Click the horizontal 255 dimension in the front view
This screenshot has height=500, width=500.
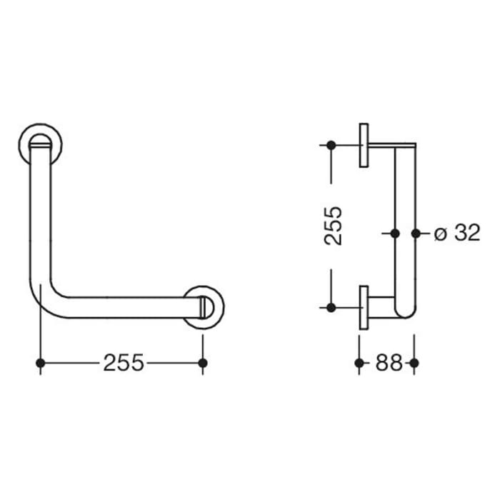point(123,363)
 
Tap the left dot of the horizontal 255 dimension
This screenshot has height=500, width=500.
point(41,363)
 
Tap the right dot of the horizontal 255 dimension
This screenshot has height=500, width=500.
point(203,363)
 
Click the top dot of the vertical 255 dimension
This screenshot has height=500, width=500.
point(331,146)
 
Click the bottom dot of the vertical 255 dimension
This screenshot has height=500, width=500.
point(331,307)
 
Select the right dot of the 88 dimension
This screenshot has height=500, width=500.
point(414,363)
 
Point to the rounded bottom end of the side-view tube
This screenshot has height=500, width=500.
point(404,311)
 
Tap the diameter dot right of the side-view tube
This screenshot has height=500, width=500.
point(416,233)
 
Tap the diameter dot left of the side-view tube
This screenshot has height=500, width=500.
point(394,233)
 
